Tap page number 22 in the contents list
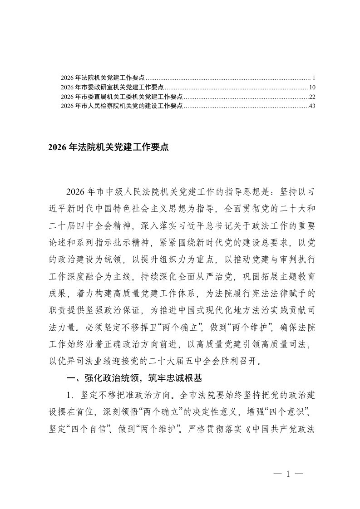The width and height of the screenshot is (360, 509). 312,97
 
